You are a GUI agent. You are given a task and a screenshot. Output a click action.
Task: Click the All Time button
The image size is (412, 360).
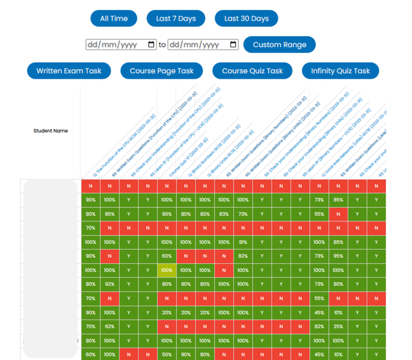point(113,19)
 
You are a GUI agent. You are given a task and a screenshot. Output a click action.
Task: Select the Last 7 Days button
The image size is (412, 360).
point(176,19)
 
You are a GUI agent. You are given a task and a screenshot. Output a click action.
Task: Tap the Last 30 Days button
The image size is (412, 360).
point(246,19)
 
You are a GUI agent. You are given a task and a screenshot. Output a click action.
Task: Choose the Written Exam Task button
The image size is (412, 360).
point(69,71)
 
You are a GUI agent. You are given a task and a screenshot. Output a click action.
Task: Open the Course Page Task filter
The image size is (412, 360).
point(161,71)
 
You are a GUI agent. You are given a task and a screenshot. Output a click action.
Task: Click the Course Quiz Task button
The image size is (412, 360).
point(252,71)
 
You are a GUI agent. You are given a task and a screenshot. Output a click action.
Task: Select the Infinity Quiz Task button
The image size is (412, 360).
point(340,71)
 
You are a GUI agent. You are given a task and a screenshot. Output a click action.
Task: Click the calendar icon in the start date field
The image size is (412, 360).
point(151,45)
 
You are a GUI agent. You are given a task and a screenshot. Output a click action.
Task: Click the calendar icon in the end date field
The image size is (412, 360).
point(233,45)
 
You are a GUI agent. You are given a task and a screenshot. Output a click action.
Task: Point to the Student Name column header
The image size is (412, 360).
point(51,131)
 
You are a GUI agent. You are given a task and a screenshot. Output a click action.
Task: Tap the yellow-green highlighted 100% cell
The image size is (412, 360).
point(167,270)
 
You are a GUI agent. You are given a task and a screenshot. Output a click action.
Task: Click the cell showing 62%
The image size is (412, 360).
point(109,327)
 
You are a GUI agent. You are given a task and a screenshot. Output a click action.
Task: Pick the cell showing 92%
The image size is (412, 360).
point(109,284)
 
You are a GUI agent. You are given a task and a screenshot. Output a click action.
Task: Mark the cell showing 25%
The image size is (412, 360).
point(338,327)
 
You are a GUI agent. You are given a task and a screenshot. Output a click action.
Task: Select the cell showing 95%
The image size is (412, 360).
point(338,256)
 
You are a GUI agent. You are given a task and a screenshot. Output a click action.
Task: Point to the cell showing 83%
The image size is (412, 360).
point(224,214)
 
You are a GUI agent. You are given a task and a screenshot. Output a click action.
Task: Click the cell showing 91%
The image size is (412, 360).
point(243,242)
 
